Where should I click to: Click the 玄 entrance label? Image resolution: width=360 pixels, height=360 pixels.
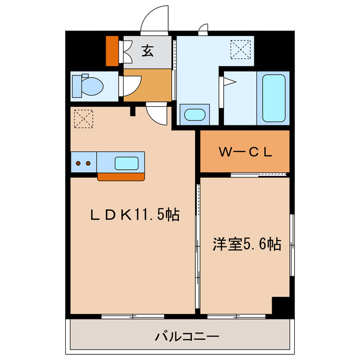pos(147,51)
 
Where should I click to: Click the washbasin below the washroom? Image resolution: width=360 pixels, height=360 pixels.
pos(195,115)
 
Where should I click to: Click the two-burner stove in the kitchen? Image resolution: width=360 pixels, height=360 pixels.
pos(83,163)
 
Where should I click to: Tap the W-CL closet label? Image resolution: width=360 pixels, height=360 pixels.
pos(245,151)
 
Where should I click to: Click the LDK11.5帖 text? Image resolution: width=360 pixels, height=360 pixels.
pos(136,214)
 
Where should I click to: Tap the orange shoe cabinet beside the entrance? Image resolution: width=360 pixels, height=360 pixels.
pos(112,51)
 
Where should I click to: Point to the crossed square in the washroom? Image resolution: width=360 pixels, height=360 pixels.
pos(242,49)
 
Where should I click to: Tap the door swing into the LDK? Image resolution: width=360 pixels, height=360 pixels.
pos(157,115)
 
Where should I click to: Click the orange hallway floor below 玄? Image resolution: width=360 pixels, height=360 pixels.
pos(147,84)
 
